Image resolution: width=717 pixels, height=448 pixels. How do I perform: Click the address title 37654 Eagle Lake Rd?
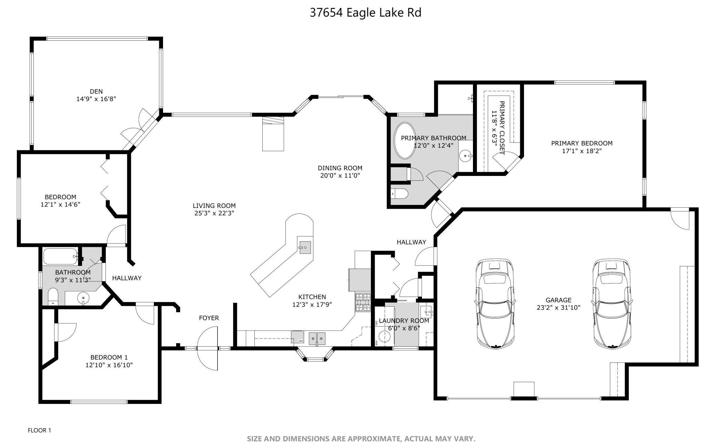(x=365, y=13)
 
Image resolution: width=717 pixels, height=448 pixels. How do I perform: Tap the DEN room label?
(x=96, y=91)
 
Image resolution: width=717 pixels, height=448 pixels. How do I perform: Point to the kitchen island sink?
(x=305, y=247)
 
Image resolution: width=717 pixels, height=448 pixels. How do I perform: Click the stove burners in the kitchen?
(x=363, y=302)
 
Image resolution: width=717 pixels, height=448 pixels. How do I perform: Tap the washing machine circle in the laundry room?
(x=383, y=336)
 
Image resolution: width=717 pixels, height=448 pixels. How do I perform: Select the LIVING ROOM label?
(x=214, y=206)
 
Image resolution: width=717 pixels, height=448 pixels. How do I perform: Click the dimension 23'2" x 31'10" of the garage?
(x=558, y=308)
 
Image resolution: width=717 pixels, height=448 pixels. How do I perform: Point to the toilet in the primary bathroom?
(x=400, y=194)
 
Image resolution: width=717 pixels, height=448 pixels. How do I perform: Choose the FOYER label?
(x=209, y=318)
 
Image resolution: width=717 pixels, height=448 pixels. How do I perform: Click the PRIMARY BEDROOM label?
(x=582, y=143)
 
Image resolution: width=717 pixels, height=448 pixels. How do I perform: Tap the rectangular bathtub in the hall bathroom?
(x=61, y=256)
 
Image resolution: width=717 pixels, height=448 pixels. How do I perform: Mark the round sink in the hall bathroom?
(x=83, y=297)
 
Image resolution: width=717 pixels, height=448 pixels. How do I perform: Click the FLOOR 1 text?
(x=39, y=430)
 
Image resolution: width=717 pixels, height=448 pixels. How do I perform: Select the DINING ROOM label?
(x=340, y=168)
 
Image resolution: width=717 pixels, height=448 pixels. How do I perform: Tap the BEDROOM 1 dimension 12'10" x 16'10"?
(x=109, y=365)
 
